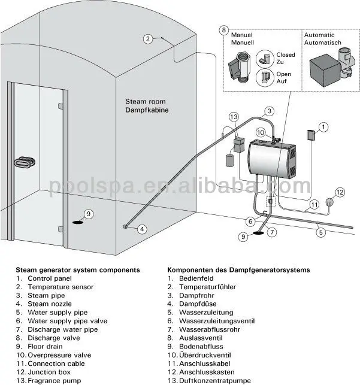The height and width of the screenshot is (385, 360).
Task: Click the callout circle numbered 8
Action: coord(224,29)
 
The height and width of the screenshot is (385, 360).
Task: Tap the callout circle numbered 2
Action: coord(148,40)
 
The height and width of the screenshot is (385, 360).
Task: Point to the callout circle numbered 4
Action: coord(142,228)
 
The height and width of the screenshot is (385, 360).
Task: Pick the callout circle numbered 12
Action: coord(340,192)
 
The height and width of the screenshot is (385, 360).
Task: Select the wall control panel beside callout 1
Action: coord(311,135)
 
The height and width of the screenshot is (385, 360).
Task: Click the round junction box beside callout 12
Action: coord(329,202)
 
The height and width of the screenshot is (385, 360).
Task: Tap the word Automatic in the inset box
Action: coord(323,35)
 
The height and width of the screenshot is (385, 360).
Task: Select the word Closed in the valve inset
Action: coord(285,55)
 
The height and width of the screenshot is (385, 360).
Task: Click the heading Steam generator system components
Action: coord(78,270)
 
